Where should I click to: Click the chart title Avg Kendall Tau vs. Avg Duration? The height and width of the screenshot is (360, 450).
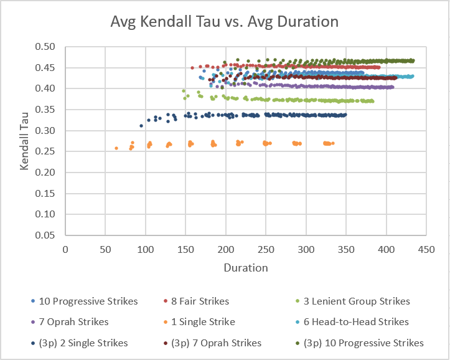(224, 22)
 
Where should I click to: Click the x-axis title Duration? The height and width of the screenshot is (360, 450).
(246, 268)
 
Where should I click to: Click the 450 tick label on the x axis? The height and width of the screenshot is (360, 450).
(426, 248)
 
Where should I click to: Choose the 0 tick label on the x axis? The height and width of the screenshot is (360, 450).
(65, 248)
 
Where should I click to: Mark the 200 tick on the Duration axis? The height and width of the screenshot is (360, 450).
(225, 248)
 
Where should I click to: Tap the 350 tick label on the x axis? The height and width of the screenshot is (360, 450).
(345, 248)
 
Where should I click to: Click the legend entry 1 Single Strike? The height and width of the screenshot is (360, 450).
(203, 322)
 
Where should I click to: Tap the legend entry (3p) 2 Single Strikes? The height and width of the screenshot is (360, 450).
(83, 343)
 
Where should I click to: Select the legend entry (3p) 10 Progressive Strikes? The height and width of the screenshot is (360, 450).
(363, 343)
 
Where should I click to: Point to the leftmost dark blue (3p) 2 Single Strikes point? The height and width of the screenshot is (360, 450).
(141, 126)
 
